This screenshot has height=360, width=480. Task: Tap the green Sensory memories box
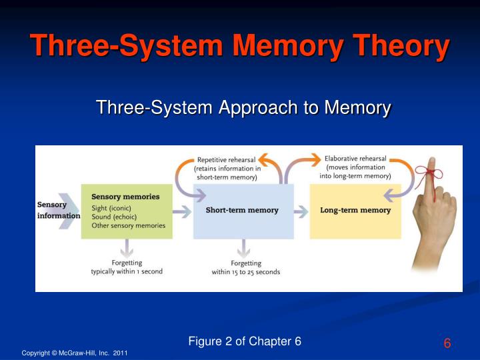[127, 211]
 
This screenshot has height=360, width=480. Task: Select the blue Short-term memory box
[243, 211]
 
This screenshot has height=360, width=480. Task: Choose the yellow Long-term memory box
[355, 211]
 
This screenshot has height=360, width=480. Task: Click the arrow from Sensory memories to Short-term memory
[182, 211]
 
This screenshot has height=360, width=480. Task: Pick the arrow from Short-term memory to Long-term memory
[301, 211]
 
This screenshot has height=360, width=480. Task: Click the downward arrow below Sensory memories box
[127, 249]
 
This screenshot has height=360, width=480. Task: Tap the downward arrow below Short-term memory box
[243, 249]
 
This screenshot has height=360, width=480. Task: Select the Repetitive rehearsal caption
[227, 169]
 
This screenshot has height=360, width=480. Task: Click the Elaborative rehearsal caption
[355, 167]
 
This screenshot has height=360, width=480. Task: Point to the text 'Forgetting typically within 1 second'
[127, 267]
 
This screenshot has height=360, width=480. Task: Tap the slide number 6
[447, 343]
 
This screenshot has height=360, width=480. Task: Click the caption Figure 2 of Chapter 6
[245, 341]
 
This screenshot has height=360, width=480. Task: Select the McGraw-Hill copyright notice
[75, 353]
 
